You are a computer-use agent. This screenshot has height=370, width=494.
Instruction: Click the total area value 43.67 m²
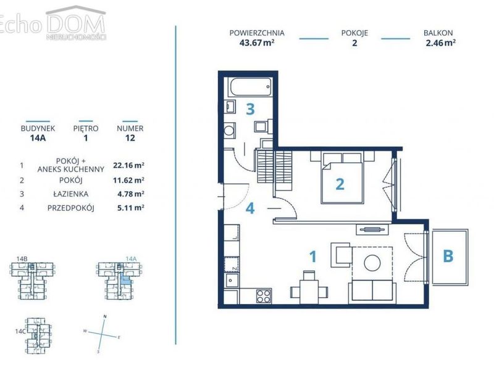tap(257, 43)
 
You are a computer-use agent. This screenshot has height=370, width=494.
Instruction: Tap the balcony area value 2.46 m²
tap(440, 43)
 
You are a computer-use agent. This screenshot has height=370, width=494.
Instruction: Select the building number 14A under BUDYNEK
tap(38, 138)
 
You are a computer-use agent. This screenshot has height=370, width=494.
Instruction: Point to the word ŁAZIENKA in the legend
tap(70, 194)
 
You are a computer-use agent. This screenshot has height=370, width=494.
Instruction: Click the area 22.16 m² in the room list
tap(128, 165)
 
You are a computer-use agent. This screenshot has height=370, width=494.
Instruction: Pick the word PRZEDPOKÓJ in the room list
tap(70, 208)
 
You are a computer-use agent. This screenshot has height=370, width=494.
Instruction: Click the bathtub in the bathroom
tap(251, 87)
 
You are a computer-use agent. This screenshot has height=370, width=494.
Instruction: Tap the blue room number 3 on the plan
tap(250, 109)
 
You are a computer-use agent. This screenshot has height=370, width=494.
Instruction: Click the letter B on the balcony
tap(448, 256)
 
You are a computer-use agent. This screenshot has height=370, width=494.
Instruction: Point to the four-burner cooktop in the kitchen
tap(264, 296)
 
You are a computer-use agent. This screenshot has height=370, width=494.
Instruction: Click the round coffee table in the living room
tap(372, 263)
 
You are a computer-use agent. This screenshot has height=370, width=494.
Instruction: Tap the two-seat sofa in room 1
tap(372, 292)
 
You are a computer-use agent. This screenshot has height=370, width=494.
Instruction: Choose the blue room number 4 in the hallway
tap(250, 208)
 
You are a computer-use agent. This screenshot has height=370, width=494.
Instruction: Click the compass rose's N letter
tap(105, 316)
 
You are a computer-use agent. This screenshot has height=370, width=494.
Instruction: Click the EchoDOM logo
tap(53, 23)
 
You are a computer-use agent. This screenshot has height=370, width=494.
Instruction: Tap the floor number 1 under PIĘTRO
tap(86, 138)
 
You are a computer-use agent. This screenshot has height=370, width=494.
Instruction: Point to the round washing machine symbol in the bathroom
tap(229, 129)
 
